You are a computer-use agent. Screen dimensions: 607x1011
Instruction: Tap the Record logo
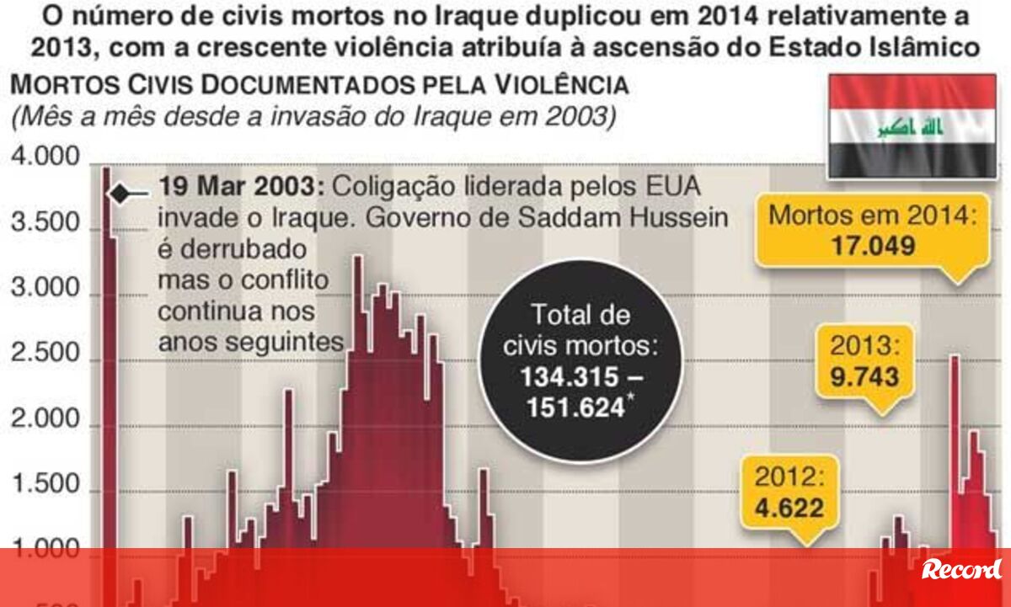pos(962,570)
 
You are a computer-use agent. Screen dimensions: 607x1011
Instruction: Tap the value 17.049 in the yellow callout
pos(873,246)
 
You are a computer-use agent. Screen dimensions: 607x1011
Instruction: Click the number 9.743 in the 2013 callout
pos(864,376)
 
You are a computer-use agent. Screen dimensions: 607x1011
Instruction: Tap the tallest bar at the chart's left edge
pos(107,337)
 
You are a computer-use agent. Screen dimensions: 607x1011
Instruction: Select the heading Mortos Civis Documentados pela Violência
pos(319,86)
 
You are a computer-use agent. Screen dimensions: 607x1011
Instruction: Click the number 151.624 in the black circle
pos(576,407)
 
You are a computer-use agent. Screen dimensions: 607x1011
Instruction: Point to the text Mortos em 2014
pos(873,216)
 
